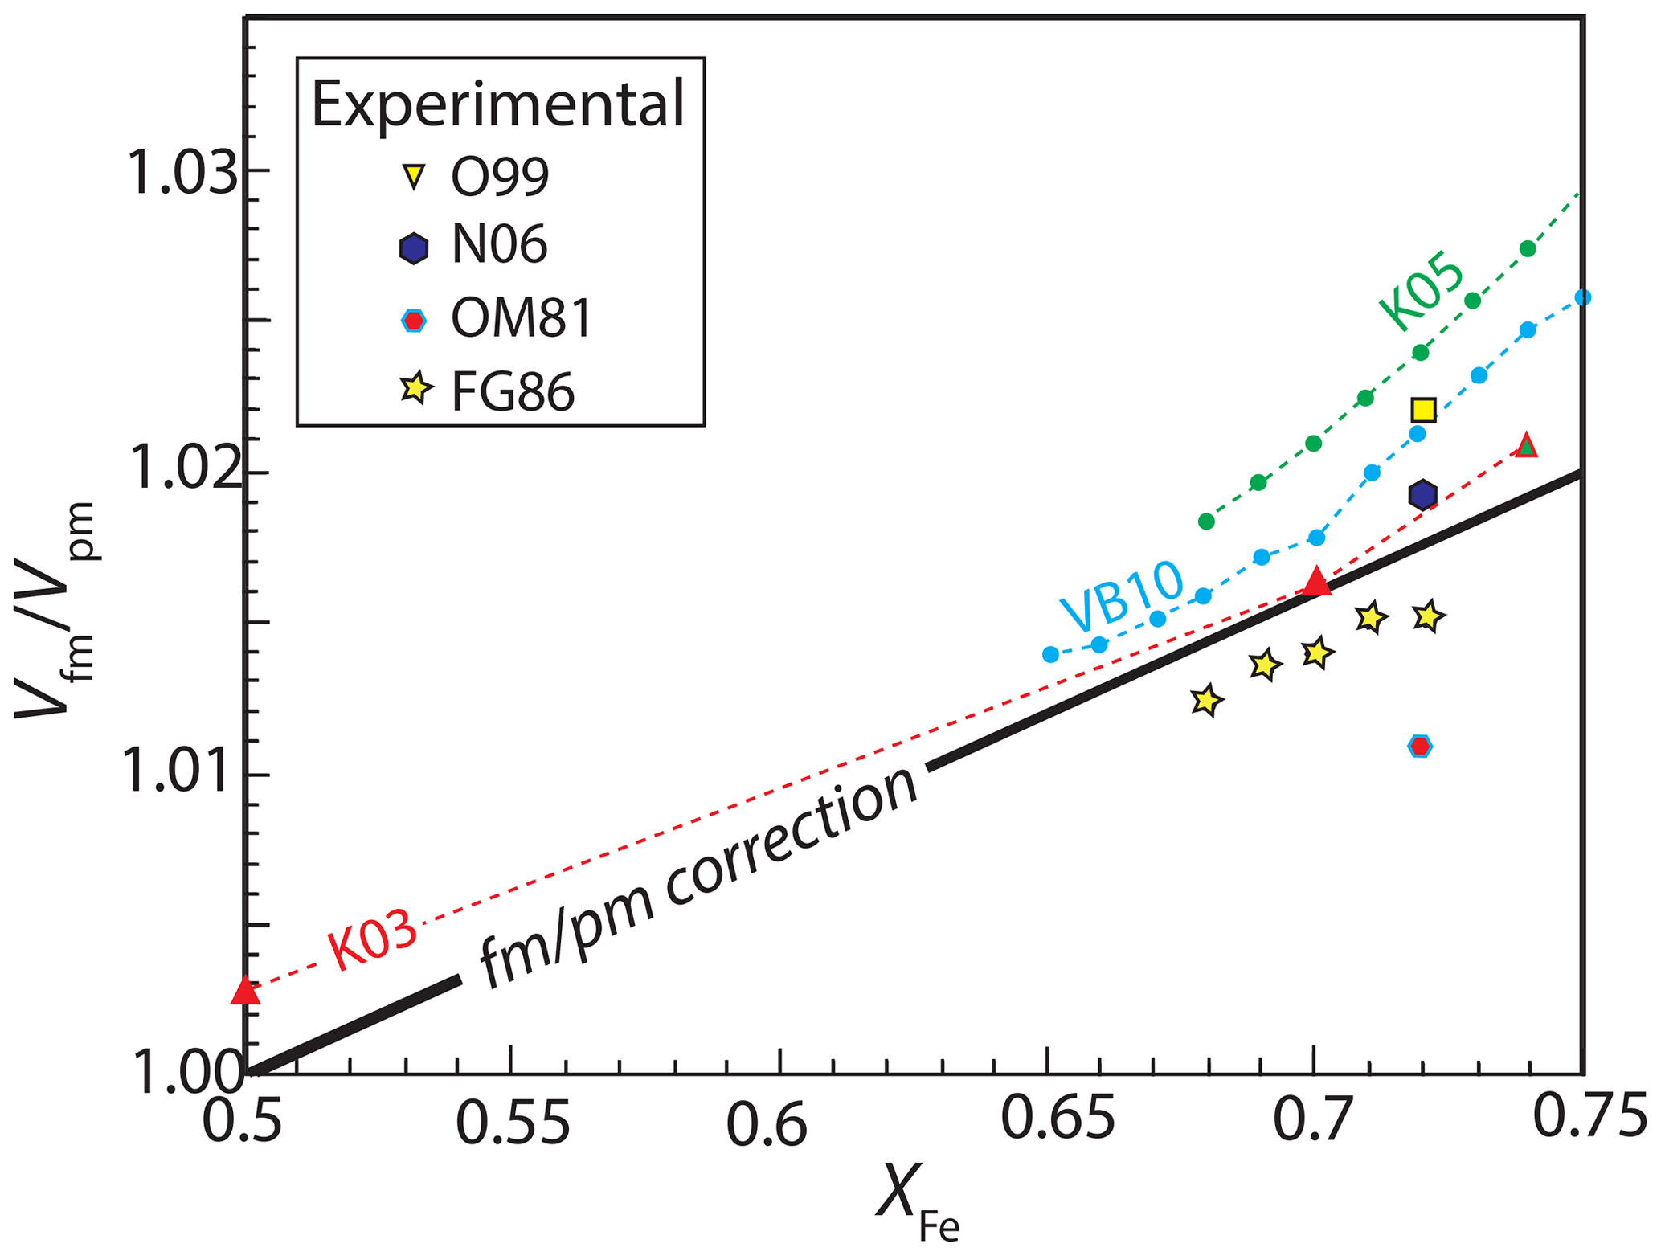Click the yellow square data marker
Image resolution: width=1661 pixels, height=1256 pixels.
[1423, 411]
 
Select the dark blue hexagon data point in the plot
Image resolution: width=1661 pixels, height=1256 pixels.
[1423, 495]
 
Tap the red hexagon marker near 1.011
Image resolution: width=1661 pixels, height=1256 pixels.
[1421, 747]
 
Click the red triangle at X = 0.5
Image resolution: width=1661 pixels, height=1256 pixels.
[246, 992]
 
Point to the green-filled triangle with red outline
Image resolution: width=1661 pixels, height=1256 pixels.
[1527, 445]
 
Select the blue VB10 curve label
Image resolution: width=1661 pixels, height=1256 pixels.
[1122, 596]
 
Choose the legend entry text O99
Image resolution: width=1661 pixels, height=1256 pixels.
[500, 176]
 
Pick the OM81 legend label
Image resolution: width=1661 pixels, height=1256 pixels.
[522, 318]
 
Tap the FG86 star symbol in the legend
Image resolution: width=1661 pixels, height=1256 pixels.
[415, 390]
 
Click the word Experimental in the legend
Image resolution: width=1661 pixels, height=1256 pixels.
[498, 104]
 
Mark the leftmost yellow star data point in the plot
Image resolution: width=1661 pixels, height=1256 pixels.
[1205, 701]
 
